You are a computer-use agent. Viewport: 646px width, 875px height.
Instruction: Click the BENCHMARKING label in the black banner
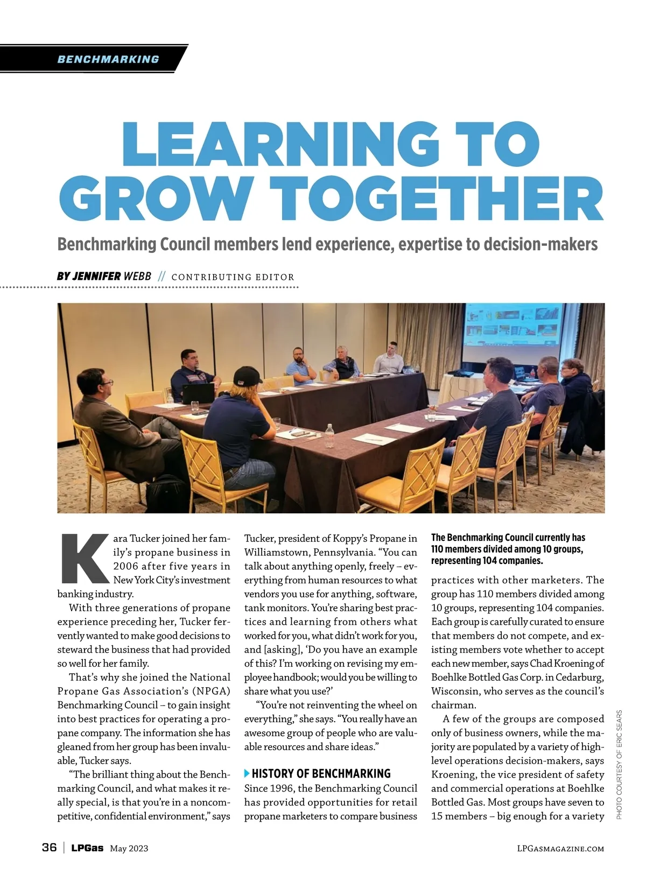[108, 59]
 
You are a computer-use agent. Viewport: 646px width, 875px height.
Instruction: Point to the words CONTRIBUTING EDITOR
[233, 277]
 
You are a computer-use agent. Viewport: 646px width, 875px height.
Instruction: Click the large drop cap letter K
[85, 559]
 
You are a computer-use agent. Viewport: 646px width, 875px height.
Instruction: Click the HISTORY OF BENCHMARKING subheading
[321, 773]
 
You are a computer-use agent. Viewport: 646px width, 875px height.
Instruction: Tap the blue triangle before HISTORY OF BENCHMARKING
[247, 773]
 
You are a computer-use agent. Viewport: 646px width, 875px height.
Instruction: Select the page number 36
[49, 848]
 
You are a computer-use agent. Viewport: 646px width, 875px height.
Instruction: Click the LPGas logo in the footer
[87, 848]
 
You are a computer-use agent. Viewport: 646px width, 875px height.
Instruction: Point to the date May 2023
[129, 849]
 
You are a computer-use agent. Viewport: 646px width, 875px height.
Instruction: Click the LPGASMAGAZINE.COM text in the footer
[560, 849]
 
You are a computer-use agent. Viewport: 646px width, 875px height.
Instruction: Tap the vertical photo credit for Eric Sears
[619, 764]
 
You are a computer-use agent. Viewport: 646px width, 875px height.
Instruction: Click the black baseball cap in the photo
[249, 375]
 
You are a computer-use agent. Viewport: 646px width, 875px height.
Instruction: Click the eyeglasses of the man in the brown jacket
[106, 383]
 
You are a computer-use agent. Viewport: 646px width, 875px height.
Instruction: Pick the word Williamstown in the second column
[276, 552]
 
